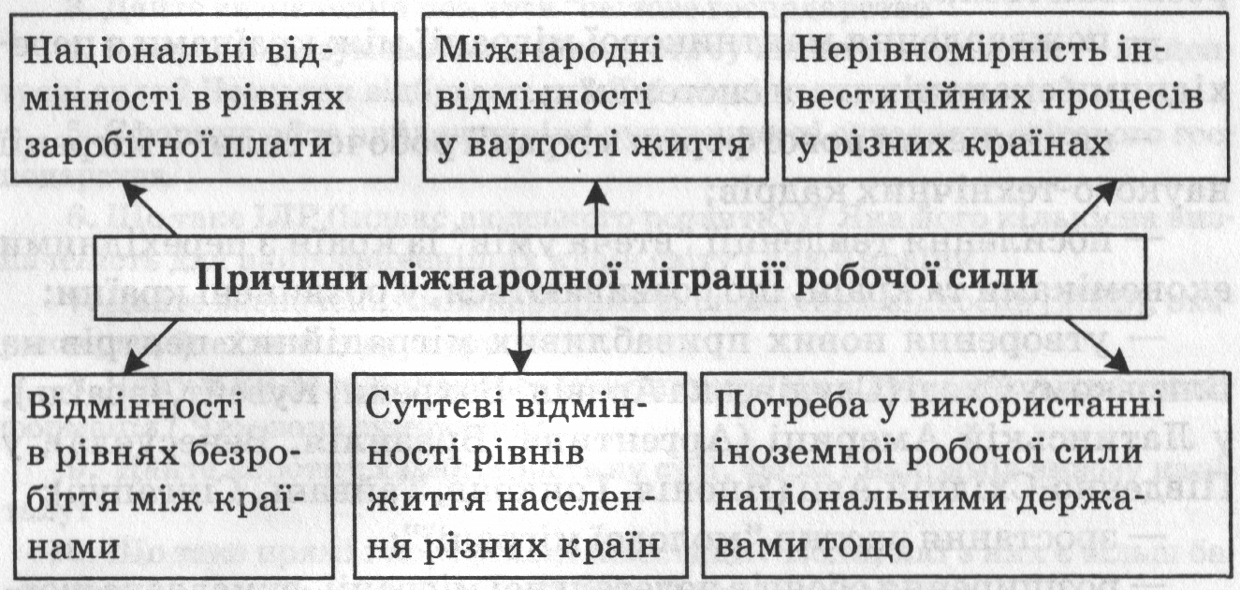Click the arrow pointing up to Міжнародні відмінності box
point(596,208)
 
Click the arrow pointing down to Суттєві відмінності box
point(520,344)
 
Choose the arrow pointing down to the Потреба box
point(1104,348)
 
